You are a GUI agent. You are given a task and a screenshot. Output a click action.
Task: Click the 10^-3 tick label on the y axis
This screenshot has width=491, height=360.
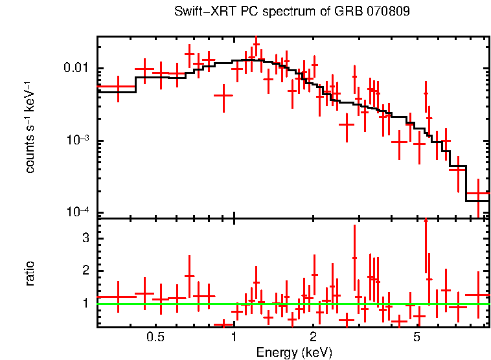(79, 141)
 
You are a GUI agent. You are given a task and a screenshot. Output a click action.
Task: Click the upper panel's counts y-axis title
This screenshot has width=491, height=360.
(30, 127)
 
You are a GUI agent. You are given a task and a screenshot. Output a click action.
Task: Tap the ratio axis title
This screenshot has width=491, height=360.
(30, 273)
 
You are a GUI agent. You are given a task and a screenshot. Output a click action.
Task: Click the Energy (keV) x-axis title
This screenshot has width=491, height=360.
(294, 353)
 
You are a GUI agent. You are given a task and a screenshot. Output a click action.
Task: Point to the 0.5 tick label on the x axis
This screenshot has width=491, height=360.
(155, 337)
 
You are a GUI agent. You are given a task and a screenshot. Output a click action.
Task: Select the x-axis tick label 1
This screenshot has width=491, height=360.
(234, 337)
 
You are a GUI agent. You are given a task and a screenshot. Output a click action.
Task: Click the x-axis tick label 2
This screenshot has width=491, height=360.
(313, 337)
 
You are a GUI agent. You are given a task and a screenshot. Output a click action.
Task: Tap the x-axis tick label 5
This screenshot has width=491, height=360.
(417, 337)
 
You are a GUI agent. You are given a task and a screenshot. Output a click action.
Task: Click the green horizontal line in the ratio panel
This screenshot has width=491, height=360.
(291, 304)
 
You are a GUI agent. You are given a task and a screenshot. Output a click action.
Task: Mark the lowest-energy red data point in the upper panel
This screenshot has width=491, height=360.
(118, 86)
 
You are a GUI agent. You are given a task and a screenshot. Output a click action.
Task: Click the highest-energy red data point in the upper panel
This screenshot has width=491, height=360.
(478, 194)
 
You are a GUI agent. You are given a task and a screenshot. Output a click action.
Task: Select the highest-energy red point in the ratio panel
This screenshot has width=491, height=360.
(478, 295)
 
